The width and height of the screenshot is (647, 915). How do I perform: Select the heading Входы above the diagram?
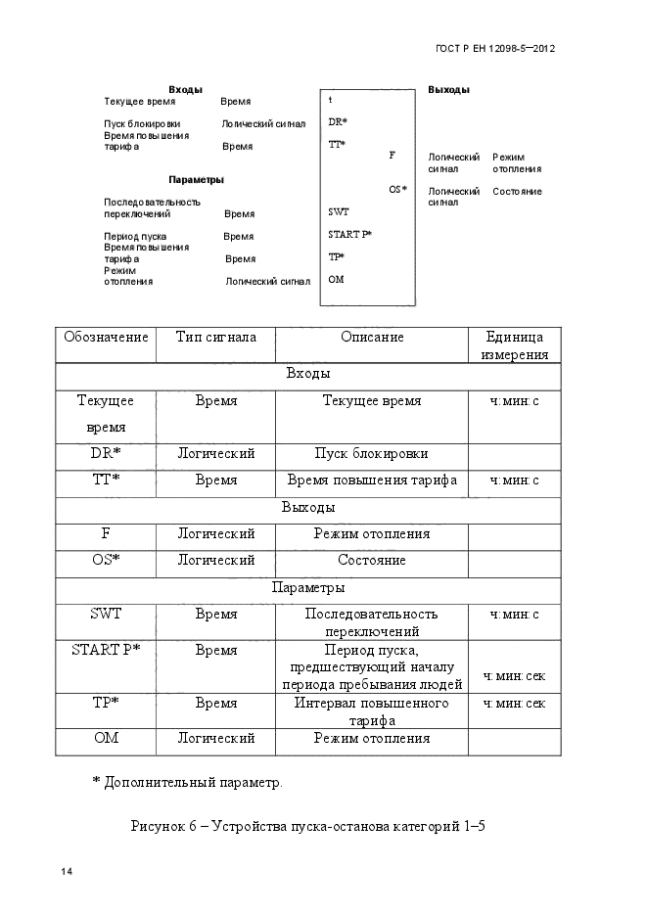tap(185, 90)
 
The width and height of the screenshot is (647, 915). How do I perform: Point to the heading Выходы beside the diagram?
tap(448, 90)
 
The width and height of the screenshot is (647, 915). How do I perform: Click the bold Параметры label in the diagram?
tap(196, 180)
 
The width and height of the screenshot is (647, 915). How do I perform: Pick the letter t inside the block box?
tap(331, 101)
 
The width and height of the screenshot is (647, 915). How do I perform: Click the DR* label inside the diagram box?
tap(338, 123)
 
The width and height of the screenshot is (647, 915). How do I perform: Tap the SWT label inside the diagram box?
tap(338, 212)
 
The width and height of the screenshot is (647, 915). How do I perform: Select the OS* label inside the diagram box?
tap(397, 190)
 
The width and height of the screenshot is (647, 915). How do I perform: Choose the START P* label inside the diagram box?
tap(349, 235)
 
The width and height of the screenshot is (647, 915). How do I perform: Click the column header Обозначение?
tap(106, 338)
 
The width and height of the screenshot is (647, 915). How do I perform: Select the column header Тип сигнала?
tap(215, 338)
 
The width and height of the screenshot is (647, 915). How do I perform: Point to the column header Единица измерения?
tap(514, 346)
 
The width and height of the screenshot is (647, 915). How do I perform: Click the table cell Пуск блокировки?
tap(371, 454)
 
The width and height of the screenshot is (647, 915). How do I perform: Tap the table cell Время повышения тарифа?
tap(371, 480)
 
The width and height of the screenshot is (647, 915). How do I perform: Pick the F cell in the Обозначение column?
tap(106, 534)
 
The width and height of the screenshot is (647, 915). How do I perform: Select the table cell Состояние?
tap(371, 561)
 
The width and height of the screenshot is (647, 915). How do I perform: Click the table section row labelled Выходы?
tap(307, 508)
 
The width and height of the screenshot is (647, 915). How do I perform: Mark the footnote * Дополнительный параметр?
tap(186, 783)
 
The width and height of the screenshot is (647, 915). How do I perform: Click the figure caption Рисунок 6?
tap(307, 826)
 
